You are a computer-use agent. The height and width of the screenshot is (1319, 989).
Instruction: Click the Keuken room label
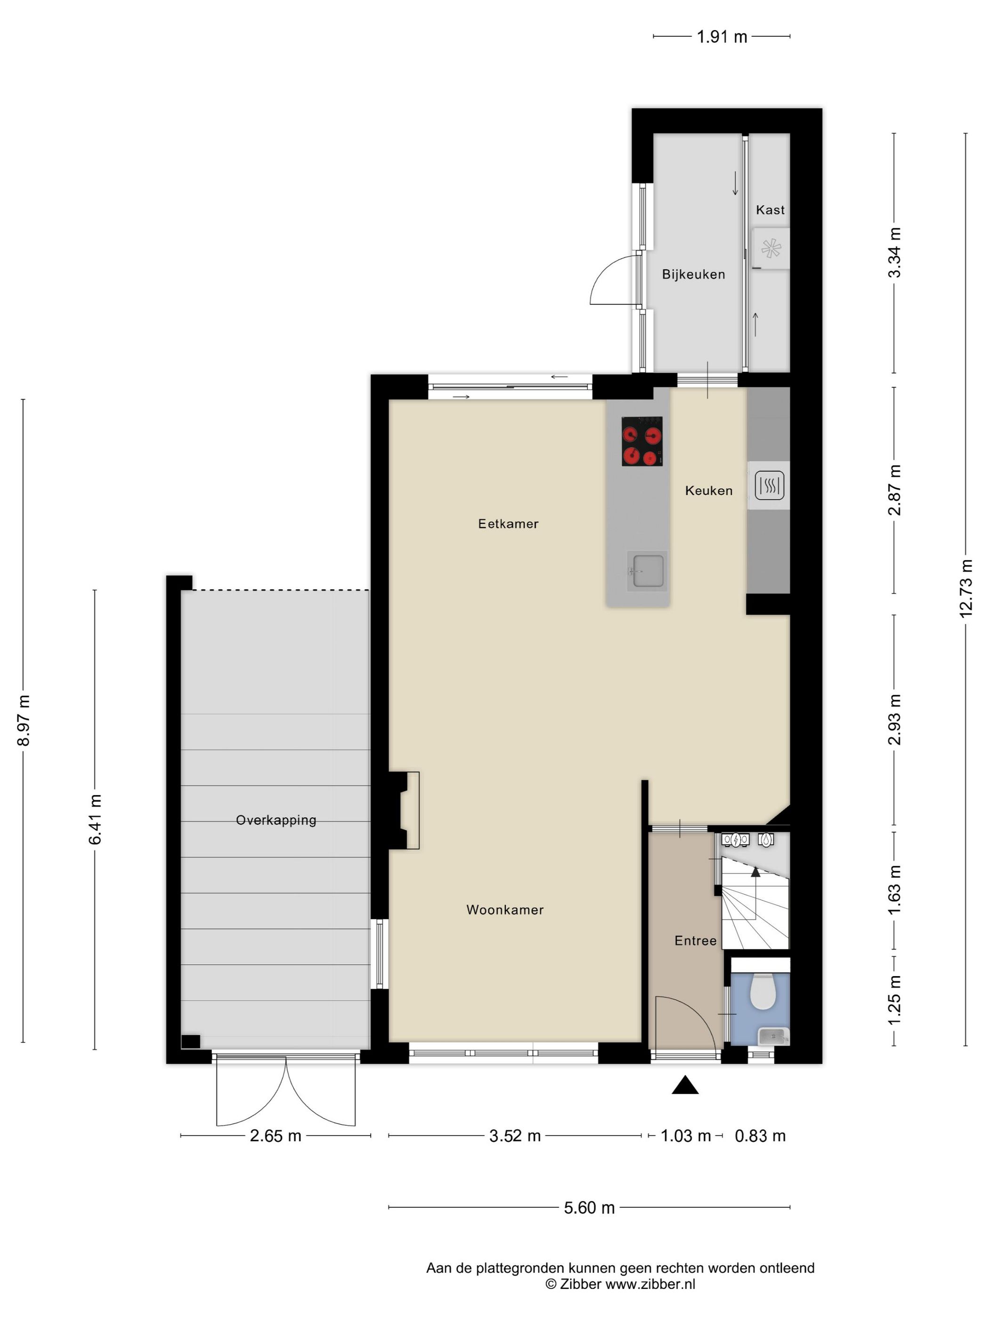click(x=708, y=491)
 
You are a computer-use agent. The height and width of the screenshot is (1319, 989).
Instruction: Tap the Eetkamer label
click(x=508, y=524)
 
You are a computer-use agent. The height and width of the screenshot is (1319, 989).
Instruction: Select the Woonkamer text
click(x=504, y=910)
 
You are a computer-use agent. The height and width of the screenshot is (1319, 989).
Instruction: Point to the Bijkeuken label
click(x=693, y=275)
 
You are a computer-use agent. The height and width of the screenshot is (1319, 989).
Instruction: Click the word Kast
click(x=770, y=210)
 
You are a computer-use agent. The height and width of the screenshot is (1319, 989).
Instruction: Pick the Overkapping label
click(x=276, y=821)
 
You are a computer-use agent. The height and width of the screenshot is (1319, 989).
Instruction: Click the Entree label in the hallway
click(x=695, y=941)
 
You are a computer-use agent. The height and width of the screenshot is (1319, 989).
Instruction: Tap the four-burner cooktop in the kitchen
click(x=641, y=441)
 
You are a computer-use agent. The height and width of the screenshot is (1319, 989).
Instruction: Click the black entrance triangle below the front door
click(x=685, y=1086)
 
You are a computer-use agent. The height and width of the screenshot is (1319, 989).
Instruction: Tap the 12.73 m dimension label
click(x=966, y=588)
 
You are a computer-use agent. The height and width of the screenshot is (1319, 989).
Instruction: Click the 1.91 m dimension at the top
click(x=721, y=37)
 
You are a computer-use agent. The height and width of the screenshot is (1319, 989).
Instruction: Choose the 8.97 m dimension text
click(x=24, y=720)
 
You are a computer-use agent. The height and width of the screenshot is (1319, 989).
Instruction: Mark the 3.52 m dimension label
click(x=514, y=1136)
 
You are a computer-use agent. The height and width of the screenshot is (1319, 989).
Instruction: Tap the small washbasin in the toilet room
click(x=773, y=1037)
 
